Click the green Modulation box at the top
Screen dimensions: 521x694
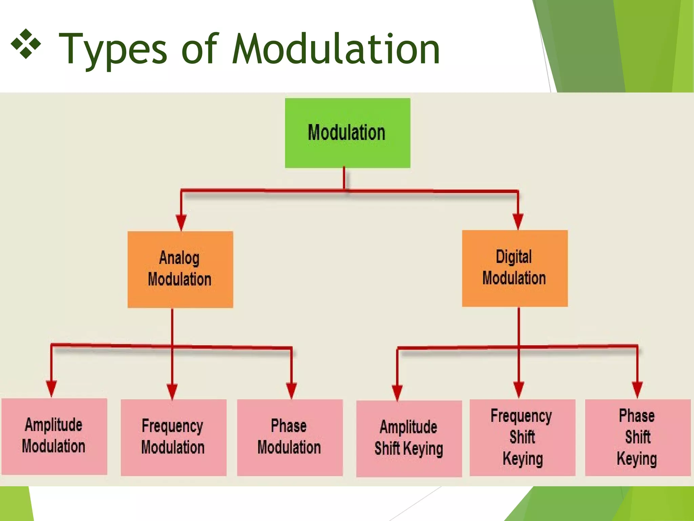[x=347, y=133]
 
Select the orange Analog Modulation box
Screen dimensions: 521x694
[x=180, y=270]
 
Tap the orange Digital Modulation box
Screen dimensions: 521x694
[x=514, y=268]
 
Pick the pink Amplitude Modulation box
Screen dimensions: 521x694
[x=54, y=436]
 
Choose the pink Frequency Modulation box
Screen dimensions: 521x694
[x=173, y=437]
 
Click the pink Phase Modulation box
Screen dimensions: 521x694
[x=289, y=437]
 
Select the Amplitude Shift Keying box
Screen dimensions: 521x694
[x=409, y=438]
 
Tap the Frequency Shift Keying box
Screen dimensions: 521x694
[x=522, y=437]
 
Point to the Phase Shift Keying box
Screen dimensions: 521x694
[x=637, y=437]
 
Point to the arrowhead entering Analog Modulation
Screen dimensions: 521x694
[x=181, y=222]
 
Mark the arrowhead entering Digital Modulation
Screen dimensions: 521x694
[x=518, y=221]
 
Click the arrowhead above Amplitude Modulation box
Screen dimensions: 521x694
[x=51, y=388]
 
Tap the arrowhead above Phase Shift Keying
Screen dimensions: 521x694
[x=637, y=389]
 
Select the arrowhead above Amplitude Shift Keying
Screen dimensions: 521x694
[x=397, y=392]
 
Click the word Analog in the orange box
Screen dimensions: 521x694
[x=179, y=258]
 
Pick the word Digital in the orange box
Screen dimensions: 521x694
[x=514, y=257]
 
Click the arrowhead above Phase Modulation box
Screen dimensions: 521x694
[x=291, y=390]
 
